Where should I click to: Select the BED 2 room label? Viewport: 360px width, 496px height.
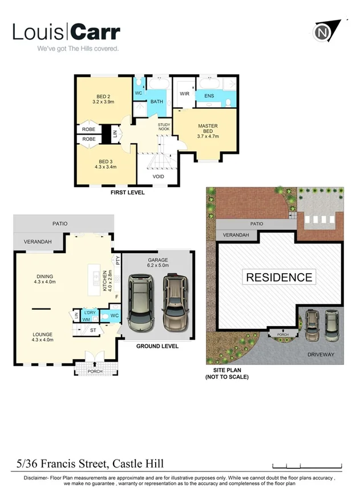click(x=103, y=96)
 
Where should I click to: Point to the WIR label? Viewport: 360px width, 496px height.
click(x=184, y=93)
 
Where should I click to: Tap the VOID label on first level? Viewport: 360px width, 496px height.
click(x=159, y=177)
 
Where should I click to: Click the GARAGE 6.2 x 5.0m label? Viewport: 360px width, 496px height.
click(x=157, y=262)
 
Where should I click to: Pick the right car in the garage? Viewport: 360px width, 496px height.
click(x=175, y=303)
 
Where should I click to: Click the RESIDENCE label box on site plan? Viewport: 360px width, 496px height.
click(x=279, y=278)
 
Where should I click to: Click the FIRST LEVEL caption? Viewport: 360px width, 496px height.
click(x=127, y=193)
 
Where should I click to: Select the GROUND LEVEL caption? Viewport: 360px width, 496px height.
click(x=157, y=346)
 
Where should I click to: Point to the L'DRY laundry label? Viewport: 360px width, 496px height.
click(x=90, y=313)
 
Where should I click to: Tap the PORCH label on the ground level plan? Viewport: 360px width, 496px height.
click(x=95, y=371)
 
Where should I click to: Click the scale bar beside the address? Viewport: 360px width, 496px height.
click(x=307, y=464)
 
